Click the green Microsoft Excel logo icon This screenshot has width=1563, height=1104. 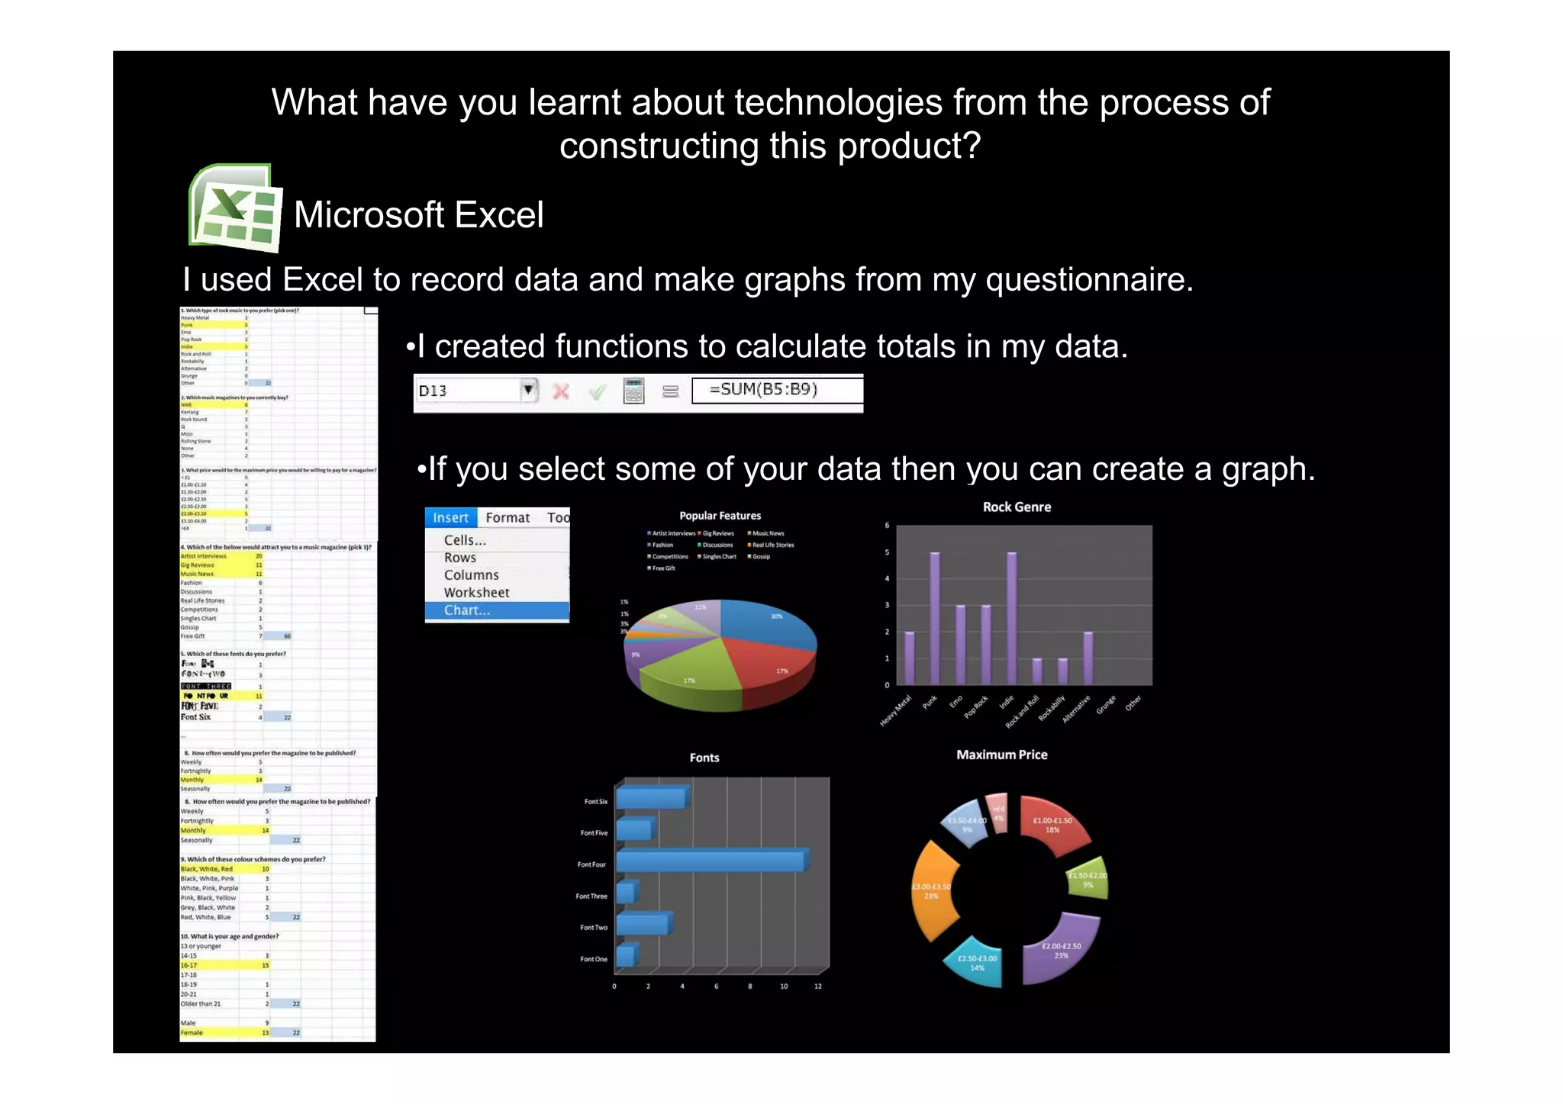(x=235, y=208)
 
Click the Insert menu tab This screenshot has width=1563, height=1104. (x=450, y=517)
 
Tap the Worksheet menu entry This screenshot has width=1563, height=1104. (x=476, y=592)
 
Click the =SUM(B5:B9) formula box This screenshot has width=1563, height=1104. (x=776, y=390)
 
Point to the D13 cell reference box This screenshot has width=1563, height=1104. (x=467, y=391)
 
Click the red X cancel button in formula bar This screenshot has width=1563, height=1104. (x=561, y=391)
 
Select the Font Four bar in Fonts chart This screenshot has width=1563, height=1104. (x=710, y=861)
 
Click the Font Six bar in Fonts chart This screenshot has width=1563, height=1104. (x=650, y=799)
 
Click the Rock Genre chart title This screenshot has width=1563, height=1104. (x=1017, y=507)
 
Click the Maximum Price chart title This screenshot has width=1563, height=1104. (x=1001, y=755)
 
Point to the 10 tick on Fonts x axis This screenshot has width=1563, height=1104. (x=784, y=987)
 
